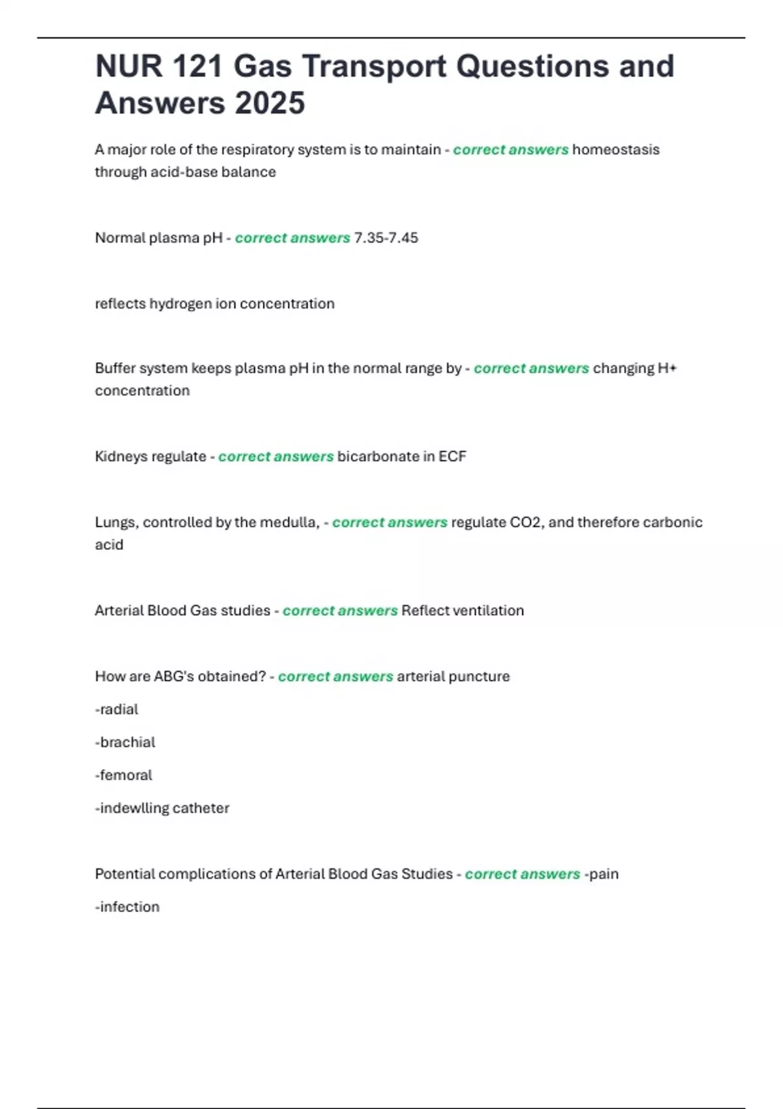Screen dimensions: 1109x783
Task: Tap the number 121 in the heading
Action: click(196, 67)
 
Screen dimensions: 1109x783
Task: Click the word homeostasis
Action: click(615, 149)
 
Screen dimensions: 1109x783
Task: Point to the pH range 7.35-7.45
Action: click(386, 237)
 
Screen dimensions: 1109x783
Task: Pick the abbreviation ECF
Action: click(452, 456)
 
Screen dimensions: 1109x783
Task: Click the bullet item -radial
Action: click(117, 709)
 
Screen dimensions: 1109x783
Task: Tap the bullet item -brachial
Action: click(125, 742)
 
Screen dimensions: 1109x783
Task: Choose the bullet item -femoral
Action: click(123, 775)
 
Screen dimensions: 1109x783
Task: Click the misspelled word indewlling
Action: click(133, 808)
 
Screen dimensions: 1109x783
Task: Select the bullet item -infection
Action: click(127, 907)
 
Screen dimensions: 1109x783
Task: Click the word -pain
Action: click(601, 874)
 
